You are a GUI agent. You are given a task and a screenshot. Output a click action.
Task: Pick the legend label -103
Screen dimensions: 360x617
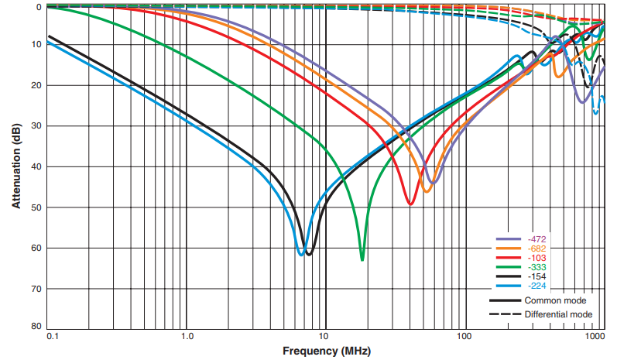pos(533,257)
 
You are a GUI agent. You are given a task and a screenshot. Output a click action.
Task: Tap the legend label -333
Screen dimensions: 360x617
pos(533,266)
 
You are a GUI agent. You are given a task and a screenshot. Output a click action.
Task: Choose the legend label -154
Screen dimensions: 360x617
pos(533,276)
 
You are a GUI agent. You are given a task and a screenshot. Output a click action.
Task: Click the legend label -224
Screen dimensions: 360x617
pos(533,285)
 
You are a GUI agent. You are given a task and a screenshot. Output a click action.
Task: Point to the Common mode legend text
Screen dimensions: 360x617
pos(554,300)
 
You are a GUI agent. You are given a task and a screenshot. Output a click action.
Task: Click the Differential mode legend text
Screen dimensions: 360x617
pos(558,314)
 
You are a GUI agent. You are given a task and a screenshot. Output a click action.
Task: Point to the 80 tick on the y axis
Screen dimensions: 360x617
pos(36,327)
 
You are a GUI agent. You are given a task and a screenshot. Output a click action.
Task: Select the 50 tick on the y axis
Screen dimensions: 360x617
pos(36,207)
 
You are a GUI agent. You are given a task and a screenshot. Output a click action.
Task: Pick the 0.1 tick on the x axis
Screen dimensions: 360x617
pos(53,338)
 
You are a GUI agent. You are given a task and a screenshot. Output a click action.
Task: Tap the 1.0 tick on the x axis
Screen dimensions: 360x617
pos(186,338)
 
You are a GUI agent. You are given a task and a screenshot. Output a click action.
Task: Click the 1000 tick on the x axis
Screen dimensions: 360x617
pos(595,338)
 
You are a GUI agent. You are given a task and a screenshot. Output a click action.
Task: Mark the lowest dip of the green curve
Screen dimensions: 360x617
pos(362,259)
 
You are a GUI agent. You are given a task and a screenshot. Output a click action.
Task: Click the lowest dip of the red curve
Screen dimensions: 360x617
pos(410,204)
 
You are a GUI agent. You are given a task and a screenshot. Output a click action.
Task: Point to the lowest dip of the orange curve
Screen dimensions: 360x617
pos(427,191)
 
